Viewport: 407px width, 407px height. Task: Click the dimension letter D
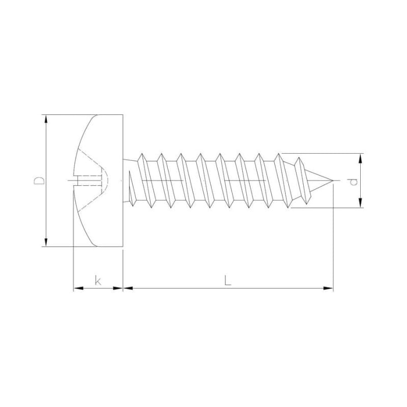(x=39, y=181)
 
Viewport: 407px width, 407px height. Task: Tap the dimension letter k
(x=98, y=281)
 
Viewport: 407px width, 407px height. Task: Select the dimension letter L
(x=227, y=281)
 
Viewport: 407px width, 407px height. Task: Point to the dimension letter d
(x=354, y=182)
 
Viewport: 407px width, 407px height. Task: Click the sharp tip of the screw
(x=333, y=181)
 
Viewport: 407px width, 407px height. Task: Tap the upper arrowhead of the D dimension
(x=46, y=120)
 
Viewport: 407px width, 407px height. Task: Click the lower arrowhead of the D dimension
(x=46, y=242)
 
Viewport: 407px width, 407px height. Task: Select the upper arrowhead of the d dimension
(x=360, y=158)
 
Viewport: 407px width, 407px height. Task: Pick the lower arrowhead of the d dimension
(x=360, y=202)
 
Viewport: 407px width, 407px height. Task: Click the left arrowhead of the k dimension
(x=78, y=288)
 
